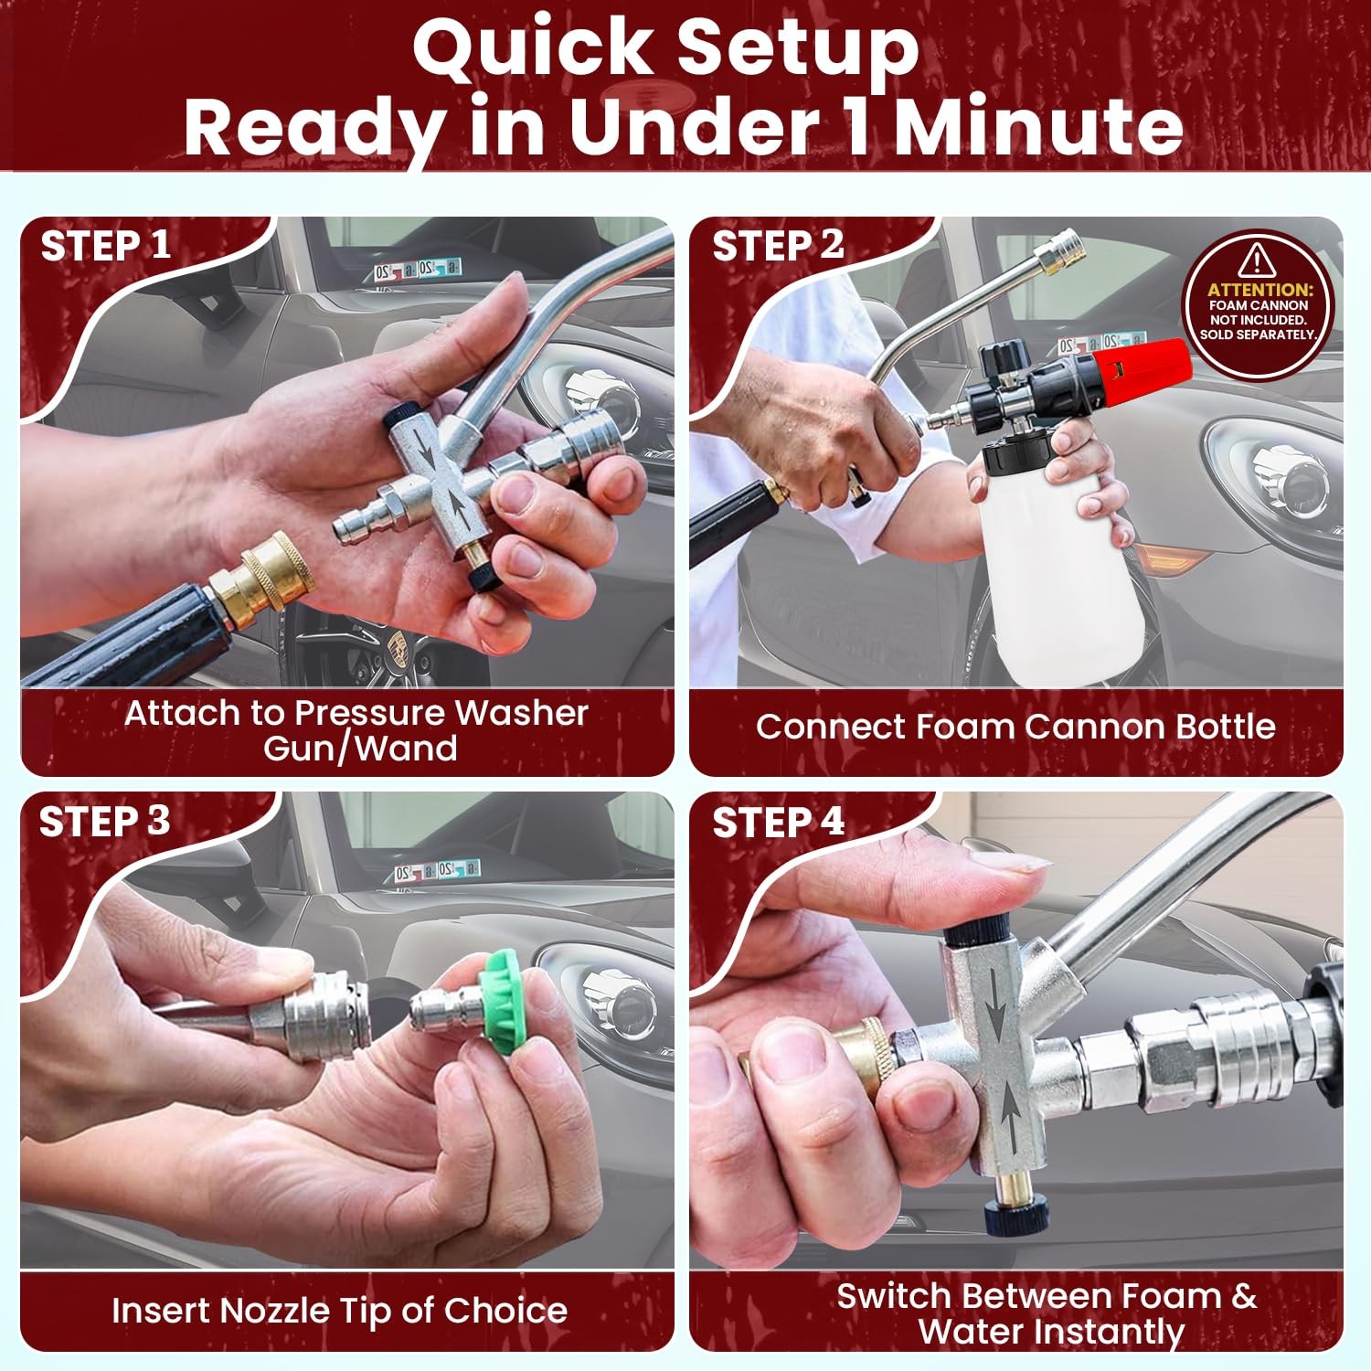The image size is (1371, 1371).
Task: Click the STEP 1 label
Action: pyautogui.click(x=106, y=246)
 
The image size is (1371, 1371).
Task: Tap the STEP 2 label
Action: pyautogui.click(x=778, y=246)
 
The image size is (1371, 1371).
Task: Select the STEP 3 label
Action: pyautogui.click(x=105, y=821)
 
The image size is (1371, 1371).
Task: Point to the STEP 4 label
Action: pyautogui.click(x=778, y=823)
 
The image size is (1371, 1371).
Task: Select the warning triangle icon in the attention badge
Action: pyautogui.click(x=1259, y=260)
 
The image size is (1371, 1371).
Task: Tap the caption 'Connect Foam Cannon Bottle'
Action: pyautogui.click(x=1015, y=726)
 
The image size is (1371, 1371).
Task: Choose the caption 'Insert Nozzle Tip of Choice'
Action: pyautogui.click(x=339, y=1311)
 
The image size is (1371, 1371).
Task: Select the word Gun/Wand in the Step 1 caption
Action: pyautogui.click(x=360, y=749)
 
